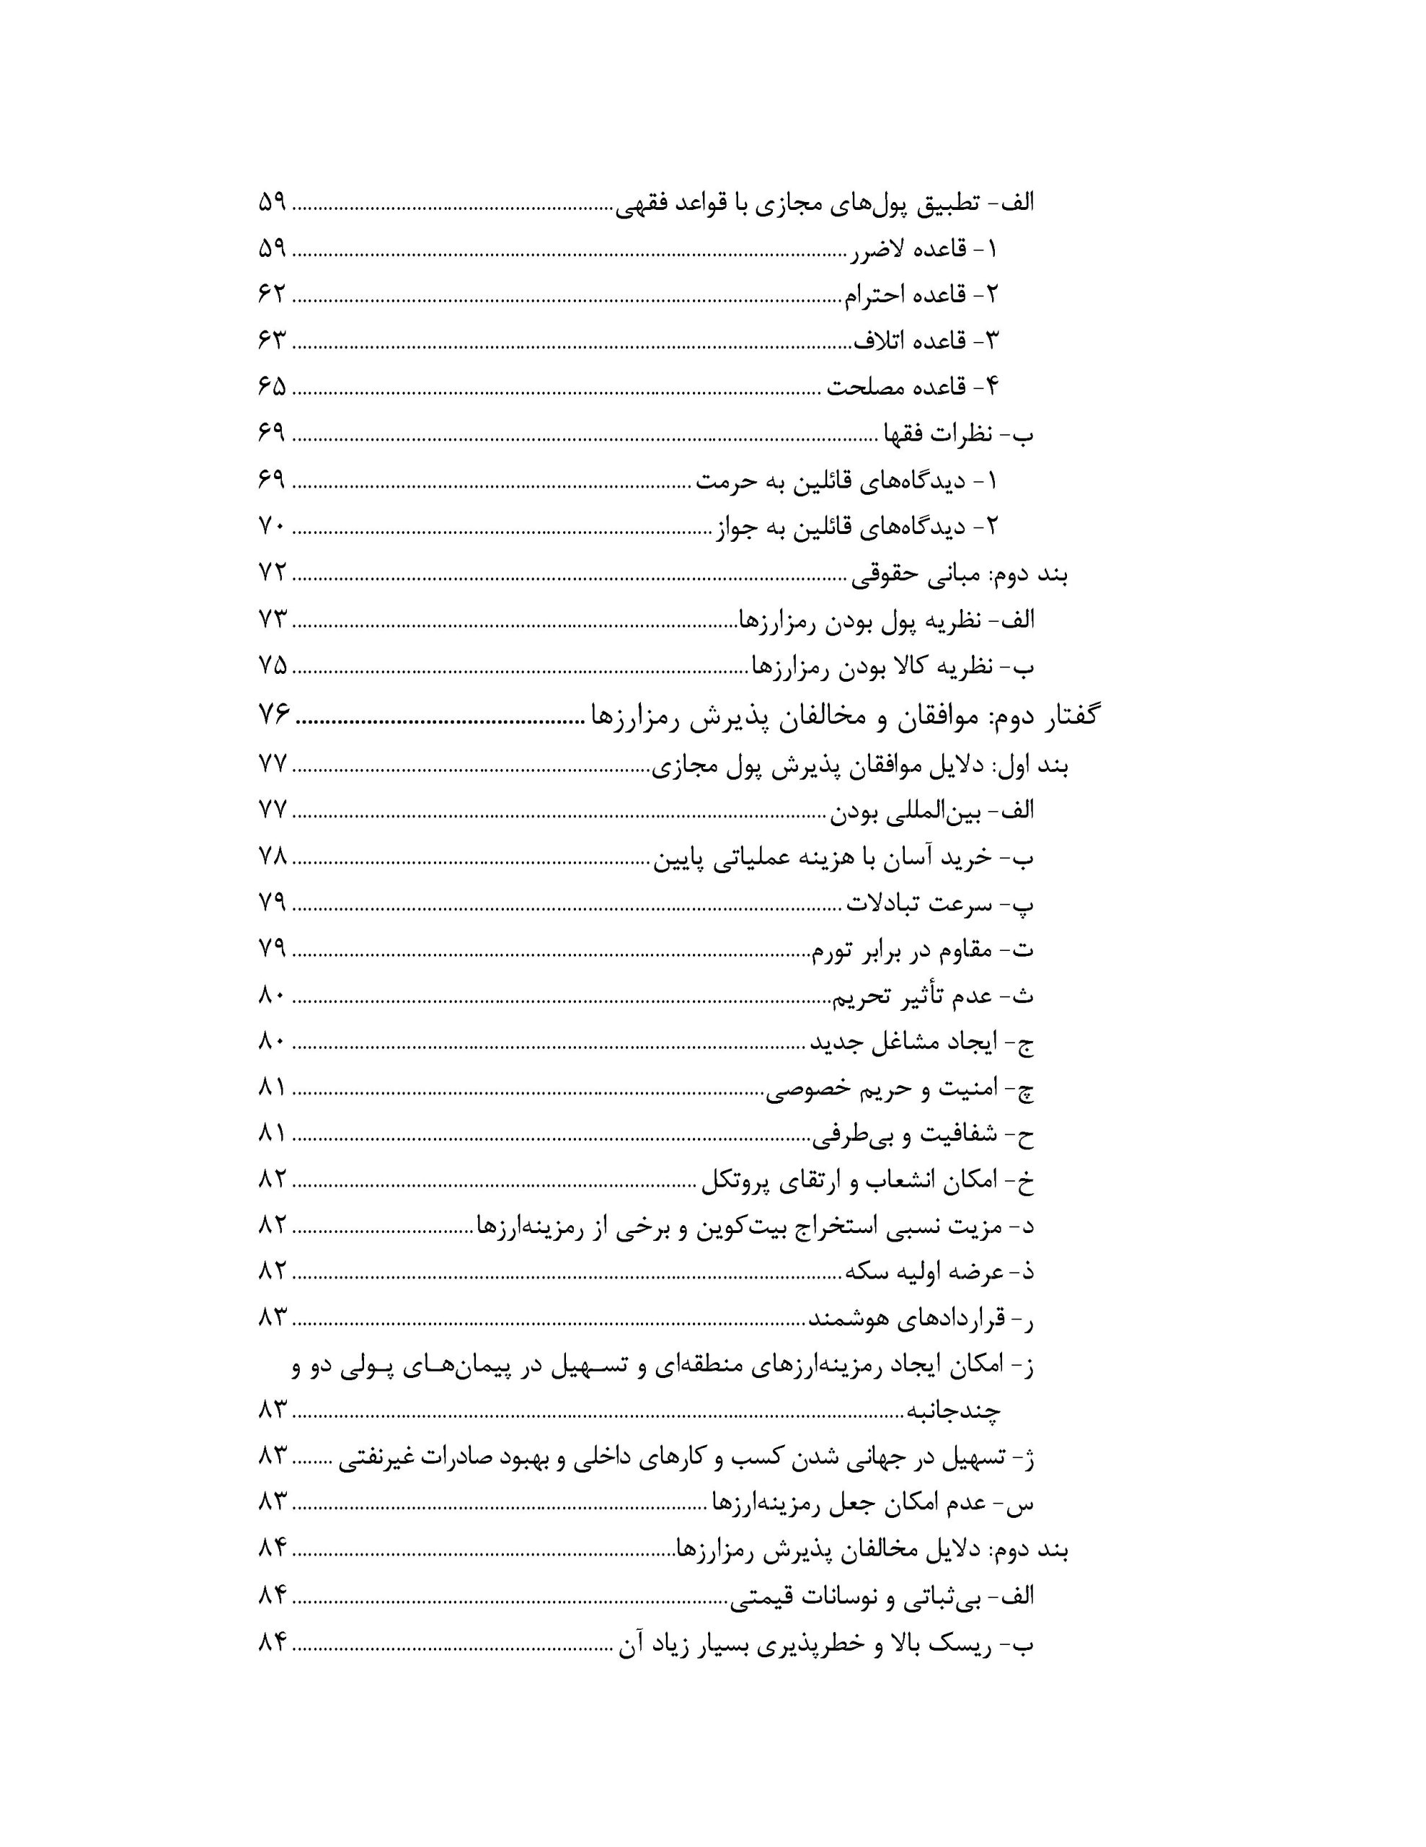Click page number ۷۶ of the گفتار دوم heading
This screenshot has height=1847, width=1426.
(274, 716)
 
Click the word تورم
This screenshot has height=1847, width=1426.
(835, 952)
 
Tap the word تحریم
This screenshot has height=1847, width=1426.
(862, 998)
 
